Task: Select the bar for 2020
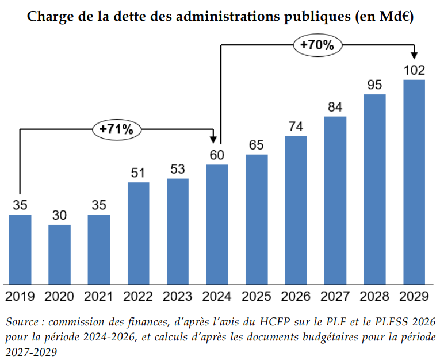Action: coord(59,255)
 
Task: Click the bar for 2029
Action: coord(414,182)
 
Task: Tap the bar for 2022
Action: coord(139,233)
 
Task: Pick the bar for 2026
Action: coord(296,210)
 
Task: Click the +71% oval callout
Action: coord(117,129)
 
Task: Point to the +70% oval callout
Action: coord(317,45)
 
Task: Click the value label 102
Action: coord(414,70)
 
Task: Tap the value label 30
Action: coord(59,215)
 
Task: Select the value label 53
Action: coord(178,169)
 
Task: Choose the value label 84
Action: coord(335,107)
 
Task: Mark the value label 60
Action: coord(217,155)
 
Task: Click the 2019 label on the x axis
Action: coord(20,296)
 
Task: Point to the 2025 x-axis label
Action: coord(257,296)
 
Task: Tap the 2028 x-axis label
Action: coord(374,296)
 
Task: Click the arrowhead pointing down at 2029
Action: coord(414,55)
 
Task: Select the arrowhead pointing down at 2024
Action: coord(213,139)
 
